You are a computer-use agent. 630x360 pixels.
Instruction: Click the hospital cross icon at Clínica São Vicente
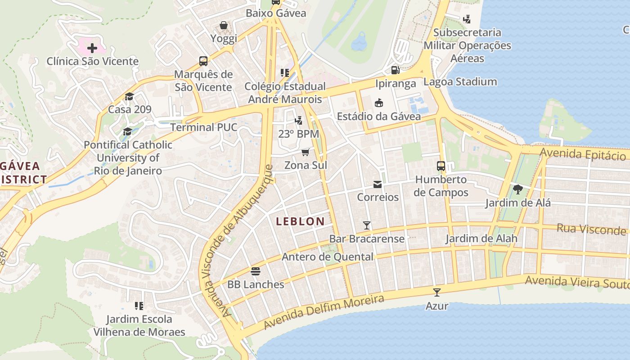click(92, 48)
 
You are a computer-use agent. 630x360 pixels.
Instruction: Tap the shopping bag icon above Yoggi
click(224, 25)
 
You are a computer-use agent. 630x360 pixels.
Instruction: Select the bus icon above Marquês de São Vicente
click(203, 61)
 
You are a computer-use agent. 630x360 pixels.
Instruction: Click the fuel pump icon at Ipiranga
click(395, 70)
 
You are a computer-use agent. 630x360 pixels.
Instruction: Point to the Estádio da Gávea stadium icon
click(379, 103)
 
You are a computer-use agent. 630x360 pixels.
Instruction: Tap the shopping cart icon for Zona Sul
click(306, 152)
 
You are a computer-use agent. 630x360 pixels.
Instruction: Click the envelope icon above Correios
click(378, 184)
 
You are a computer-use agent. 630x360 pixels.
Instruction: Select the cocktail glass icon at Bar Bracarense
click(367, 225)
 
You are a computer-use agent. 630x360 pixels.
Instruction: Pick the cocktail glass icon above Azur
click(436, 292)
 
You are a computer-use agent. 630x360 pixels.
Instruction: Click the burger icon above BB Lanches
click(256, 271)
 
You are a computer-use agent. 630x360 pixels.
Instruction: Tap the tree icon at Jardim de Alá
click(517, 189)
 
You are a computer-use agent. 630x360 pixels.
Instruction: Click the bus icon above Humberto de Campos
click(441, 166)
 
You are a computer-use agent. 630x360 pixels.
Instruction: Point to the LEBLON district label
click(300, 221)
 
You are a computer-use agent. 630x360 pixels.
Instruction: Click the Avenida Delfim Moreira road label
click(324, 311)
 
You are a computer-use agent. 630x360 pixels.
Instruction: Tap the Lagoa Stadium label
click(460, 81)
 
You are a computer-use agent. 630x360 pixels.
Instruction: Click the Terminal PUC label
click(203, 127)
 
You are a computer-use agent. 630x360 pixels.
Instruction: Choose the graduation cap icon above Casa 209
click(129, 96)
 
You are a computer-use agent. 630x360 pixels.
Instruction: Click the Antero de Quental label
click(327, 257)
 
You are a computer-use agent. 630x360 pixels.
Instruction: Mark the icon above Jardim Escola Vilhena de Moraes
click(139, 306)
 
